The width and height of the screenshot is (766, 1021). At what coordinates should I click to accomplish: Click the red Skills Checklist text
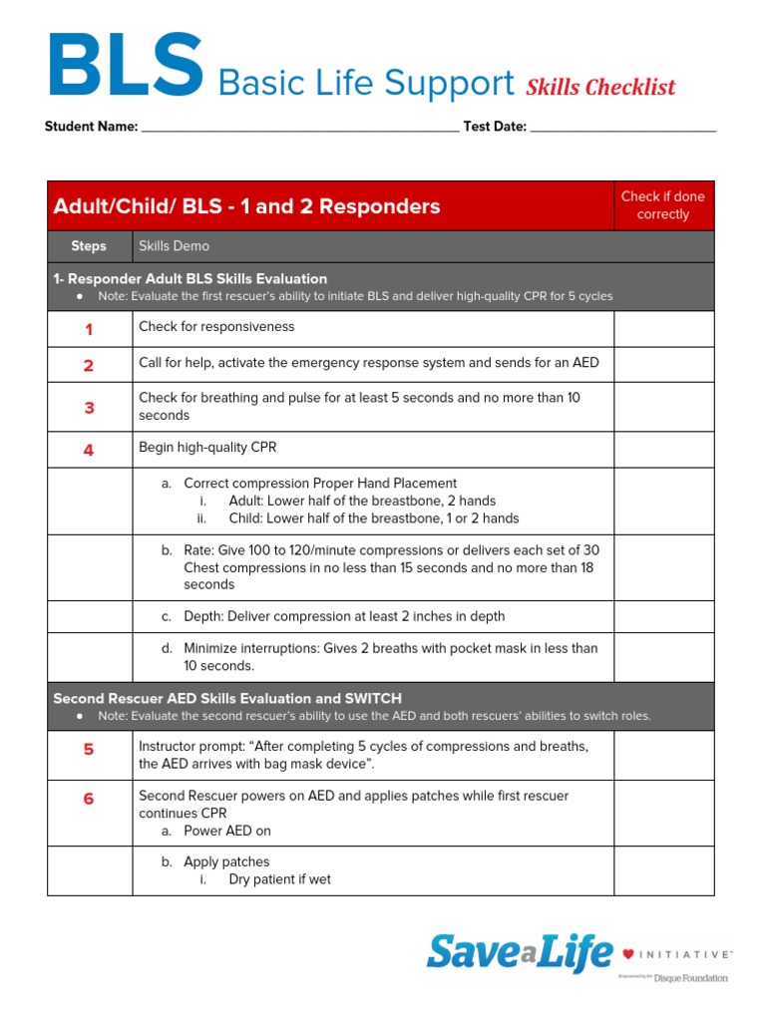(x=600, y=88)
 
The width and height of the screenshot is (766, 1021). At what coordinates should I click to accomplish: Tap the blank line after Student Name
(x=299, y=128)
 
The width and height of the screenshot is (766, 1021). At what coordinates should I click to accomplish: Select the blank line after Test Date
(x=622, y=128)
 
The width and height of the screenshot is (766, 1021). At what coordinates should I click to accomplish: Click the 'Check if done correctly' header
(x=662, y=205)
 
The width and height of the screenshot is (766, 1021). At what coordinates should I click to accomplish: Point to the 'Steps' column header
(x=89, y=246)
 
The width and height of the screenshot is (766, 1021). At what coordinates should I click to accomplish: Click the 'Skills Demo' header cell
(x=175, y=246)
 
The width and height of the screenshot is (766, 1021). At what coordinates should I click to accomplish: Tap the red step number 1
(x=89, y=330)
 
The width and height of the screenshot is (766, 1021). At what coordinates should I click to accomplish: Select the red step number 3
(x=89, y=408)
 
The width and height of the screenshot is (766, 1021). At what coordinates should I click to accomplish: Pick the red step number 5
(x=89, y=750)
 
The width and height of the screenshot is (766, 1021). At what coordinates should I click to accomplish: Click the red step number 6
(x=89, y=799)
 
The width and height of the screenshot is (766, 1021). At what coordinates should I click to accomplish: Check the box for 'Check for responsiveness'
(x=663, y=329)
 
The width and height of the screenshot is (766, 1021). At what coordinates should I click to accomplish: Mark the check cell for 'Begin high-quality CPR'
(x=663, y=450)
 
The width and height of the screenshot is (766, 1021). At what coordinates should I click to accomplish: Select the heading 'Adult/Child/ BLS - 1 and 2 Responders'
(x=246, y=206)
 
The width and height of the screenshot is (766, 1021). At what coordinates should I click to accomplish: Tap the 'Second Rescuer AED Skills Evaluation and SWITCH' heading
(x=227, y=698)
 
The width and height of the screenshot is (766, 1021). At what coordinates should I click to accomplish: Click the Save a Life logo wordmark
(x=519, y=952)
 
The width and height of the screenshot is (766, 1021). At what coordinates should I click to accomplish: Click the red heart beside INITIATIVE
(x=628, y=954)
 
